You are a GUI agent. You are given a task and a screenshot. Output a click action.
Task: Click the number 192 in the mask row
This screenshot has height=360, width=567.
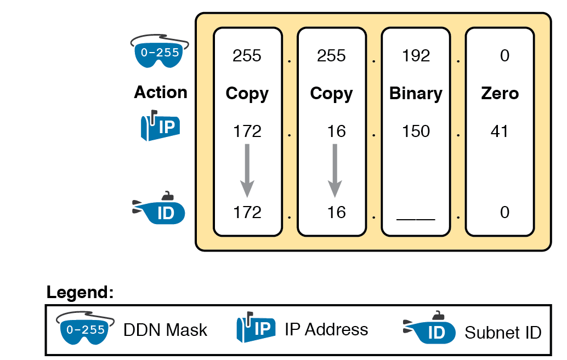(x=416, y=56)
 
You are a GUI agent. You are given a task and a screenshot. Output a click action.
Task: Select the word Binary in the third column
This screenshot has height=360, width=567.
(x=416, y=94)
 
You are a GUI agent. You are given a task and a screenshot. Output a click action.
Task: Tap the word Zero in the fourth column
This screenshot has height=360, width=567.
(x=500, y=94)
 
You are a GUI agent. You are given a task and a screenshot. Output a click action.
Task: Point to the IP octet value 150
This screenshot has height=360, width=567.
(x=416, y=132)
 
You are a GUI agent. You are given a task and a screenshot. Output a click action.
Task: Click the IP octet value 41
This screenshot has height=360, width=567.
(x=500, y=132)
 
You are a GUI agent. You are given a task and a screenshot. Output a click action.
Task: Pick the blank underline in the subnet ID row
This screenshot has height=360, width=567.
(x=416, y=218)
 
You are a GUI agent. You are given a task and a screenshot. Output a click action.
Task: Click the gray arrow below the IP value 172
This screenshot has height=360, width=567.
(x=247, y=170)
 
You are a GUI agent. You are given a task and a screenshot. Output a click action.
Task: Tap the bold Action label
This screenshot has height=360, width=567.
(x=161, y=92)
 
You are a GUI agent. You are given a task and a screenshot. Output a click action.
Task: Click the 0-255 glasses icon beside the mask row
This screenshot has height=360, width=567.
(x=159, y=53)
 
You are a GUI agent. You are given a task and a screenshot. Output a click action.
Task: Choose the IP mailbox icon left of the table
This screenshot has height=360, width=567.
(x=160, y=127)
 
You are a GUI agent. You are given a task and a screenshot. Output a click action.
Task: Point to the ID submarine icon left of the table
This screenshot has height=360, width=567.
(x=160, y=210)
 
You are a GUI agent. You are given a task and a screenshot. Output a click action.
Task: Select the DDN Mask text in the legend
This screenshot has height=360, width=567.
(x=165, y=330)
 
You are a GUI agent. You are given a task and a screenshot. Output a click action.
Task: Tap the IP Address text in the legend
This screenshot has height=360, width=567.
(x=326, y=329)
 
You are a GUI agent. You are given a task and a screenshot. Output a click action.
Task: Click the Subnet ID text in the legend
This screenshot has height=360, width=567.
(x=503, y=332)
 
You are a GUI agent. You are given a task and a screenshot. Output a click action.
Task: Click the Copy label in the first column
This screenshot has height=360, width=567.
(x=247, y=94)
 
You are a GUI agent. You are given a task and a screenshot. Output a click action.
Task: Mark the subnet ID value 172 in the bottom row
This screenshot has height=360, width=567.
(x=247, y=212)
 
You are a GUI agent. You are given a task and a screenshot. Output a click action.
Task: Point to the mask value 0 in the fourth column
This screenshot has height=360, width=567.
(x=504, y=56)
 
